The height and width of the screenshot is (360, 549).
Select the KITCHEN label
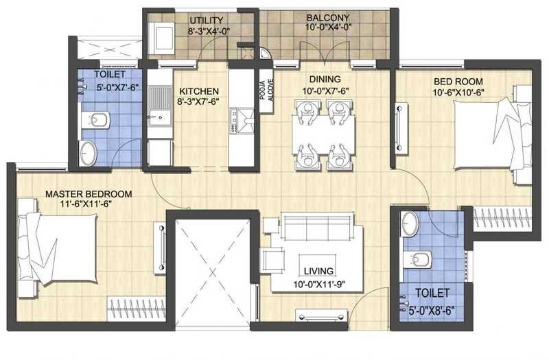199,91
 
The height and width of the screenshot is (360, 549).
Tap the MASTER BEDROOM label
88,194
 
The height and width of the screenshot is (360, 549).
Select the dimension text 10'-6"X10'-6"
460,93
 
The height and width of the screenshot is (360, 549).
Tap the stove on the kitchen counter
242,120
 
